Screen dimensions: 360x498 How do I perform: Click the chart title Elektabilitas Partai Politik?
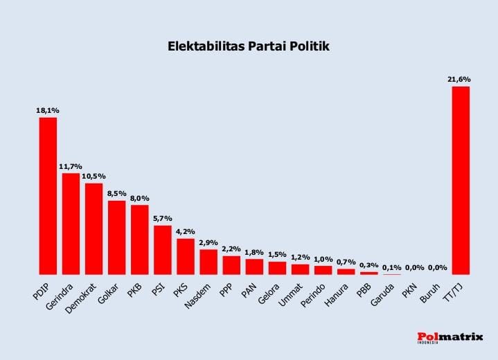[x=249, y=47]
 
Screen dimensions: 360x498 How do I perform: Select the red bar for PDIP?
[x=48, y=196]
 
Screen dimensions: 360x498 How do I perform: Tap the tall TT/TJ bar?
[x=461, y=180]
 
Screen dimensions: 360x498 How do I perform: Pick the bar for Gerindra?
[x=71, y=224]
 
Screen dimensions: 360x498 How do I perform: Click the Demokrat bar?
[x=94, y=228]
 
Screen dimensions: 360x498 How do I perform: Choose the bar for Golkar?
[x=116, y=237]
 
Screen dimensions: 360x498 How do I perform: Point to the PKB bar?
[x=139, y=240]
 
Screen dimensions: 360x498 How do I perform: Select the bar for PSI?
[x=162, y=250]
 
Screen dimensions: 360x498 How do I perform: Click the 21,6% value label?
[x=459, y=79]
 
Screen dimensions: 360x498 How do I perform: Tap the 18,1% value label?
[x=48, y=110]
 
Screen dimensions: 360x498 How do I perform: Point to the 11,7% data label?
[x=71, y=166]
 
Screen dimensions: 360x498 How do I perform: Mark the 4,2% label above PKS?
[x=185, y=231]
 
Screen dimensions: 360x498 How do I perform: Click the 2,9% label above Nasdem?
[x=208, y=242]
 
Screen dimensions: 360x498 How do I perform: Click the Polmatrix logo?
[x=450, y=336]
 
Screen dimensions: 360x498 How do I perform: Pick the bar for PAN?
[x=254, y=267]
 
